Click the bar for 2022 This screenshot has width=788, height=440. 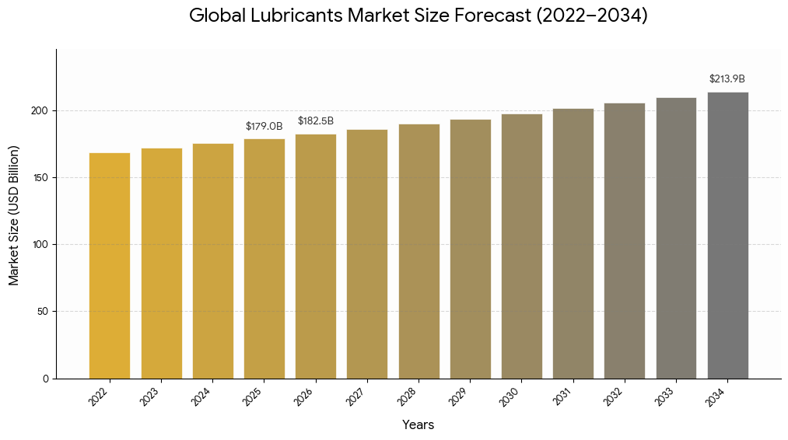(110, 265)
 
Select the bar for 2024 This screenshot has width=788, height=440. (213, 260)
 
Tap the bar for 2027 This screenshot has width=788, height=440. (367, 253)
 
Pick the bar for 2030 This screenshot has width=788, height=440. (521, 246)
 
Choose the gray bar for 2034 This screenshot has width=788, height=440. (727, 235)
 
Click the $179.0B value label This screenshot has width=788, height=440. (264, 126)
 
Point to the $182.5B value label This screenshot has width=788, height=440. (316, 121)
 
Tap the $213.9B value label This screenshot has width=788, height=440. (727, 79)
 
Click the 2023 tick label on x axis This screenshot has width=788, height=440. (150, 396)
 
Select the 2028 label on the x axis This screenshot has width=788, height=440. (408, 396)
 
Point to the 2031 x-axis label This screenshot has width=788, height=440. (562, 396)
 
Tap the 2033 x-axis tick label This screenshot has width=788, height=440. (665, 396)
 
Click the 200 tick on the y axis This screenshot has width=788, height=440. (40, 110)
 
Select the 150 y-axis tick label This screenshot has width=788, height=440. (40, 177)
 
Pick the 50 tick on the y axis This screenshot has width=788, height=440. (44, 312)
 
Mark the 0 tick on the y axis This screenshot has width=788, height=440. (46, 379)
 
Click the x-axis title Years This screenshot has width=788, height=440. (419, 424)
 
